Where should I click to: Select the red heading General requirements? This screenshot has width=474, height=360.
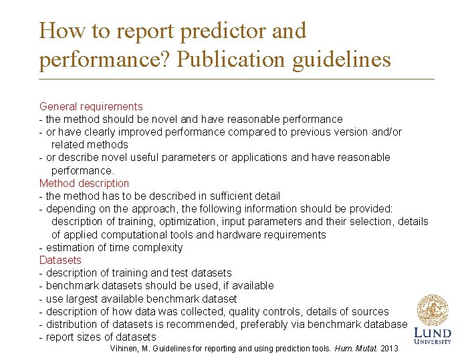(x=91, y=106)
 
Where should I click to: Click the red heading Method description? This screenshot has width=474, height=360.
(x=84, y=183)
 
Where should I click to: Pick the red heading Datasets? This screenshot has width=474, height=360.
(x=60, y=260)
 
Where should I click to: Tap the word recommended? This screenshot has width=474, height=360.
(x=210, y=324)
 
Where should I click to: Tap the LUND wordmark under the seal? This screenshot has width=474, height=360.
(x=433, y=333)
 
